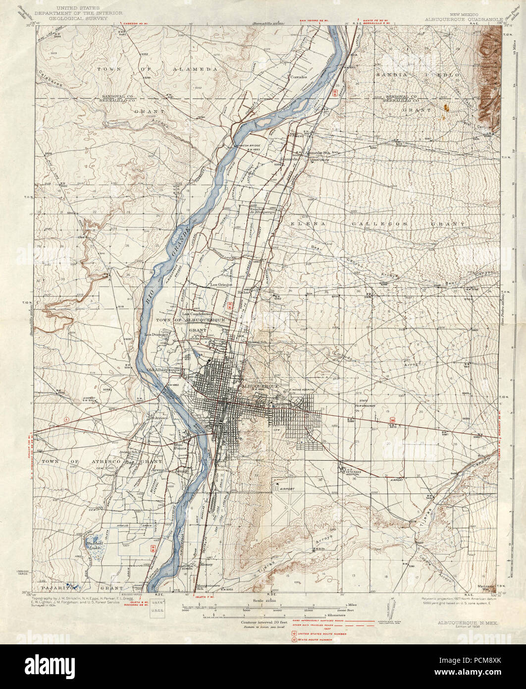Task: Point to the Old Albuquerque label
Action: click(x=164, y=370)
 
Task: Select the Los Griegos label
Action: click(x=221, y=285)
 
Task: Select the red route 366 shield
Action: click(x=392, y=421)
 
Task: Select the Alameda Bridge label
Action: click(x=247, y=145)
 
